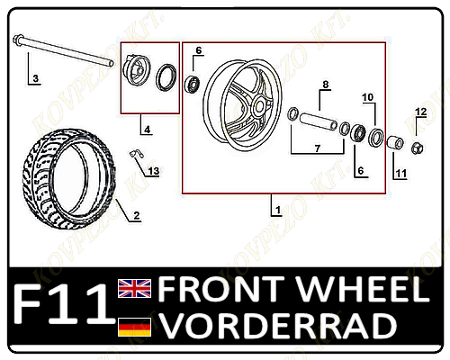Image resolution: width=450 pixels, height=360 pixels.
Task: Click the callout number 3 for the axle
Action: (36, 78)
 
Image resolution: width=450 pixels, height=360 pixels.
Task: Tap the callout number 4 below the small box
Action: (147, 130)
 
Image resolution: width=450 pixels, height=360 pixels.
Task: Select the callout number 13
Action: (154, 171)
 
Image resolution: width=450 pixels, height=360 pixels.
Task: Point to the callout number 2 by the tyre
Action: (137, 215)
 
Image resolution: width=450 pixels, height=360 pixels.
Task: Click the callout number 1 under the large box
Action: (278, 210)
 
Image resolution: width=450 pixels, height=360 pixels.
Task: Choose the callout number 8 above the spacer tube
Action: (326, 85)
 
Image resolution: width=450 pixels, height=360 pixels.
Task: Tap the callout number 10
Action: (368, 97)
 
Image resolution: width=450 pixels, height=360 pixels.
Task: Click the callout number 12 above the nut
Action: (421, 112)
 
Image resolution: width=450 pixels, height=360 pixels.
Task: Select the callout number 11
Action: (401, 174)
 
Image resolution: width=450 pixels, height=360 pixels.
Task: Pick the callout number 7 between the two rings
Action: (318, 148)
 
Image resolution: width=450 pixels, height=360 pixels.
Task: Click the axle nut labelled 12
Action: (417, 148)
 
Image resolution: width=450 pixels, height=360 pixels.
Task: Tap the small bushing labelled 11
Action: (395, 142)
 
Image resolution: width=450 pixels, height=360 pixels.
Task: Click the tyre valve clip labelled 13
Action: (137, 154)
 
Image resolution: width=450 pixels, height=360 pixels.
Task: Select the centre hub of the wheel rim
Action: (259, 105)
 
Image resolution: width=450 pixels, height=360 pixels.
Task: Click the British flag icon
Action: (134, 288)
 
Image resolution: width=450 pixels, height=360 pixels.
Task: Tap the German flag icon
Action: (134, 327)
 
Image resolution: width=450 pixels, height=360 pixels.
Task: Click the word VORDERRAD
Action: (277, 326)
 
